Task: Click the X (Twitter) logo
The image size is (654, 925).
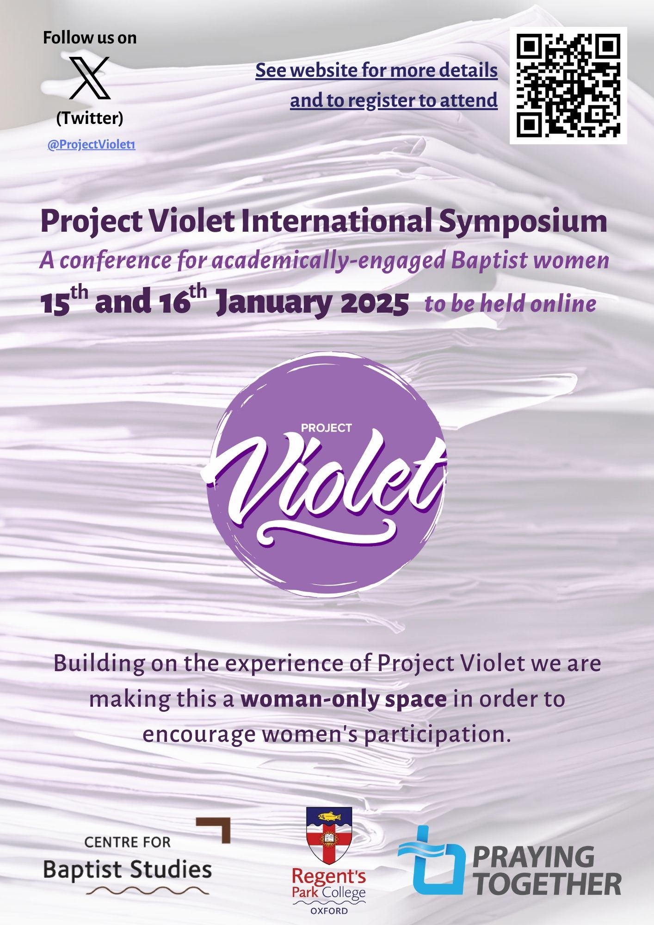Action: (90, 78)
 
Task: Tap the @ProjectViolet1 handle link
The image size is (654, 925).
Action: (91, 145)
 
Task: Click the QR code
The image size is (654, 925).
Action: (568, 86)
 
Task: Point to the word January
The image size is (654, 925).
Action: (274, 304)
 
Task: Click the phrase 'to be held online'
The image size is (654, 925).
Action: (510, 304)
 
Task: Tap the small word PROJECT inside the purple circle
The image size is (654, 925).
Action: (327, 428)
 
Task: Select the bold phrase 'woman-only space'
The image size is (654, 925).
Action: (344, 699)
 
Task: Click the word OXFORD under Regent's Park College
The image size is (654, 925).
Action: (329, 911)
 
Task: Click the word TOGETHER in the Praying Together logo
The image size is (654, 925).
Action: (548, 884)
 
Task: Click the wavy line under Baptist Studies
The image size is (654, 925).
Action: (147, 890)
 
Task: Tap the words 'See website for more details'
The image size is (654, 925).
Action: (376, 71)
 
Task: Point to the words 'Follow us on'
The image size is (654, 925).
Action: (90, 37)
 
